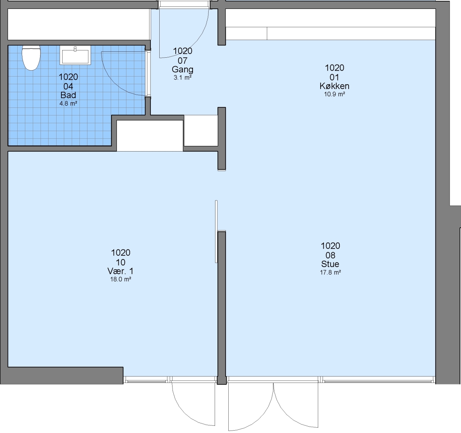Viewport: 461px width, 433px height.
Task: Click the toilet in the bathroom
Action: [31, 58]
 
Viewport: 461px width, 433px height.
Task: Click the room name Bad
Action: [68, 95]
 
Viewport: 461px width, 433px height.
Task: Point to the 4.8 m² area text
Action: [68, 103]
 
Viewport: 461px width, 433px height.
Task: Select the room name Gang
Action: [183, 70]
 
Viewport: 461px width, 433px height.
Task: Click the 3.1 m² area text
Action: [183, 77]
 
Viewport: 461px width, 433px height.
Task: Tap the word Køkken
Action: [334, 86]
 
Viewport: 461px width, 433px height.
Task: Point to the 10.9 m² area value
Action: [334, 94]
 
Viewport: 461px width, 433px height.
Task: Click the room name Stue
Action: [330, 264]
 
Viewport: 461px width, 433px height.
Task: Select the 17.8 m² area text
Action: [330, 272]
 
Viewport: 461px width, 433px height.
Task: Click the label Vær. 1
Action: [120, 271]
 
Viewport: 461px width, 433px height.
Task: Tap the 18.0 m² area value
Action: [120, 279]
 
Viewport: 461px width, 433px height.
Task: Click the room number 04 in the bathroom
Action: [68, 86]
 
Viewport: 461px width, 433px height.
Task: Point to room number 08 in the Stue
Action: [330, 255]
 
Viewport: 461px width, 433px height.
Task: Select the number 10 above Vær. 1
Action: [120, 262]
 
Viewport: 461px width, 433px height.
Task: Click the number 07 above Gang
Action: [183, 61]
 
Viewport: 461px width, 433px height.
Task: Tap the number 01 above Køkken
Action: [334, 77]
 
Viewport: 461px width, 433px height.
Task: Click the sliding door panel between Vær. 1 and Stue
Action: [216, 231]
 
